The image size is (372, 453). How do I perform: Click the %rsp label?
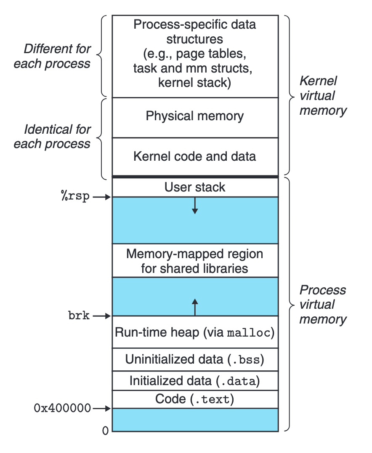click(75, 197)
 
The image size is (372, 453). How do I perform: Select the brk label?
click(79, 315)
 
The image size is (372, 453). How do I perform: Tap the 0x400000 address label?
click(62, 408)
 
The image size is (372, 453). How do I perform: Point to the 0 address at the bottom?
click(105, 431)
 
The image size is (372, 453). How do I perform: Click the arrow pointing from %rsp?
click(102, 197)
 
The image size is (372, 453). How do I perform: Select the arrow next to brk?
click(102, 315)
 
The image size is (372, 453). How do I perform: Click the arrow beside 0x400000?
click(102, 408)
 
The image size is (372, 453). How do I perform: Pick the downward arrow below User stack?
click(194, 205)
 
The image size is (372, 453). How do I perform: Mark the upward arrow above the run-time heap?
click(194, 307)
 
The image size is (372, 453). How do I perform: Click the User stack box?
click(195, 187)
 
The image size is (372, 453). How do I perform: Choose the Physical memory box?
click(195, 116)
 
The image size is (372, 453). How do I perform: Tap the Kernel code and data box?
click(195, 156)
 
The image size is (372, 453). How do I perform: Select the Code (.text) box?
click(195, 399)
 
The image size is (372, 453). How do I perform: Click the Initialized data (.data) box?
click(195, 381)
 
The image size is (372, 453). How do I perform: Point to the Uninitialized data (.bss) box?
click(195, 360)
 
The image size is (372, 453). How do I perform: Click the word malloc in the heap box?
click(250, 333)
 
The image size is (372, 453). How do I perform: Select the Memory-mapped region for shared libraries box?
click(195, 261)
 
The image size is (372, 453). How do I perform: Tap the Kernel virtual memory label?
click(322, 96)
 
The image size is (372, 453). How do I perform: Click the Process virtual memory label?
click(322, 305)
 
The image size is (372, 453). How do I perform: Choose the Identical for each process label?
click(52, 136)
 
